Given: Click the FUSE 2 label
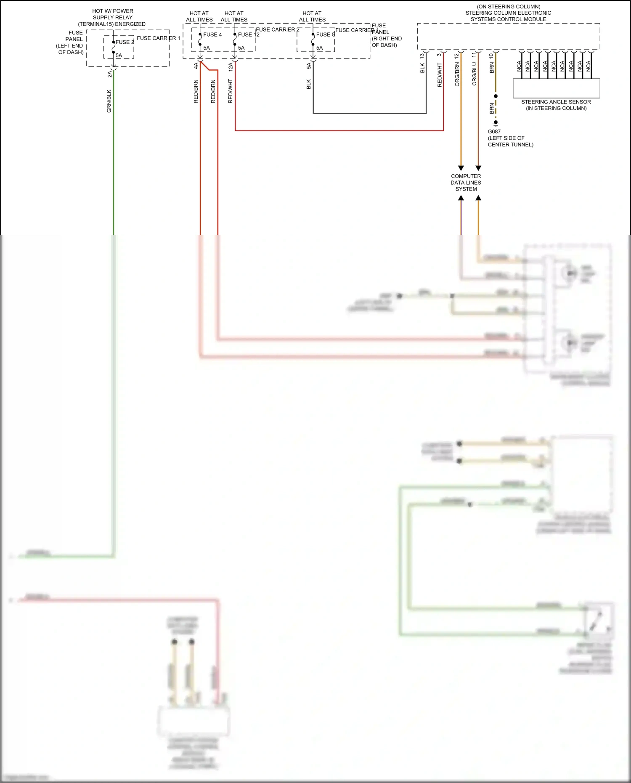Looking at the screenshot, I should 125,42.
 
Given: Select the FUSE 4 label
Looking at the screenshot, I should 212,35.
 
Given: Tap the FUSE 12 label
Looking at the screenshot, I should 249,35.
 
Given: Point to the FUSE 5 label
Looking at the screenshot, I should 326,35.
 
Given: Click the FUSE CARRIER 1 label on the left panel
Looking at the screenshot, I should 158,38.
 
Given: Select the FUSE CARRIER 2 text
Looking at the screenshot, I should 278,29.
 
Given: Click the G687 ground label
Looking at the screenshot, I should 494,132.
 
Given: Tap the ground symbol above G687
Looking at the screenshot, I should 496,123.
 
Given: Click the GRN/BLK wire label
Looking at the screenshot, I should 109,101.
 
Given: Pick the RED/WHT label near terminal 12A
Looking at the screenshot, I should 231,91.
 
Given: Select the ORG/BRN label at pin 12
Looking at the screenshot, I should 457,74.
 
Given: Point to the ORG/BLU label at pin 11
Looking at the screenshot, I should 475,74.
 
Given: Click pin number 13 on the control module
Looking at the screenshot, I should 422,56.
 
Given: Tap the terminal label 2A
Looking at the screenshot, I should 110,74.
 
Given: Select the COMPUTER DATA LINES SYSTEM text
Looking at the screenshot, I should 466,183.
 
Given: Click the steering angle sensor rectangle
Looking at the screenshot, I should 557,88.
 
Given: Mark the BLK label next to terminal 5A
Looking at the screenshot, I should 309,84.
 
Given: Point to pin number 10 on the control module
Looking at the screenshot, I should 491,56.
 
